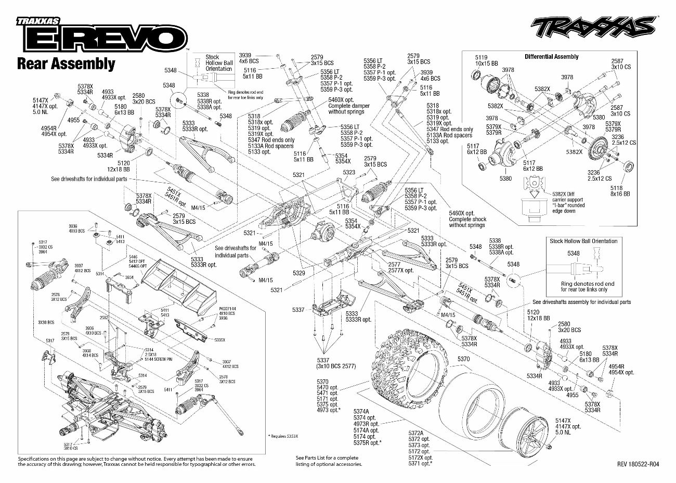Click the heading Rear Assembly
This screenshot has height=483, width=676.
point(66,63)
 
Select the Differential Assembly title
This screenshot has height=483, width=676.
point(551,57)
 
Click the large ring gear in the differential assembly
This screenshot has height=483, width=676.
point(601,150)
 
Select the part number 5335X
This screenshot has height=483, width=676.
point(219,339)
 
